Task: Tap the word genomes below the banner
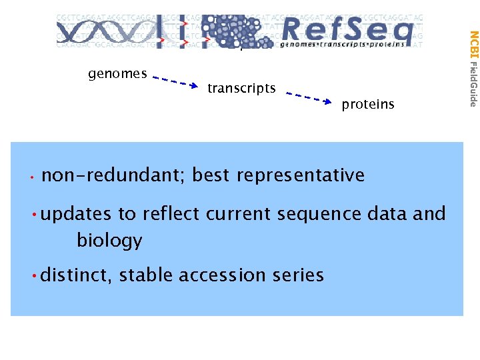pos(117,74)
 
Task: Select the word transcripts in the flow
pos(241,88)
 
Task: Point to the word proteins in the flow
pos(368,105)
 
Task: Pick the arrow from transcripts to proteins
pos(308,97)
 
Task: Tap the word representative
pos(300,175)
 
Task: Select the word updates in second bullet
pos(75,214)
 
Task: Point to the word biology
pos(109,240)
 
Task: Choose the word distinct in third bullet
pos(73,275)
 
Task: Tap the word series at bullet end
pos(299,275)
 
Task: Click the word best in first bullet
pos(210,175)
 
